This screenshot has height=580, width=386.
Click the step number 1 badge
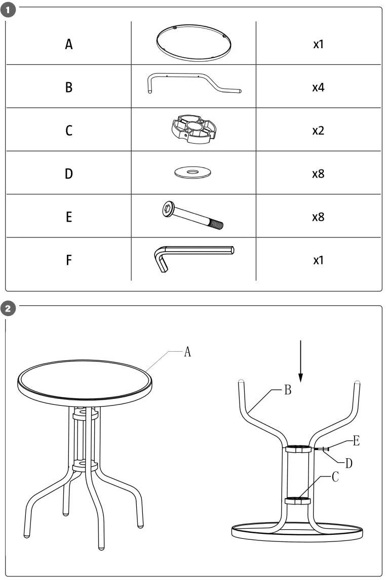click(x=10, y=10)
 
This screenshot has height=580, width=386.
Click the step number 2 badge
click(x=10, y=308)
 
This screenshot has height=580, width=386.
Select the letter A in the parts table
click(x=69, y=44)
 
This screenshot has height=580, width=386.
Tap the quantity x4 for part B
click(x=318, y=87)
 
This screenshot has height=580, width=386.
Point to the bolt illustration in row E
click(x=192, y=216)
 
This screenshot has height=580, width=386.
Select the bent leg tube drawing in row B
click(x=194, y=83)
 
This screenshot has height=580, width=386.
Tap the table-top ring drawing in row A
click(x=194, y=43)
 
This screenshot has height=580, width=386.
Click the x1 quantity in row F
click(x=318, y=260)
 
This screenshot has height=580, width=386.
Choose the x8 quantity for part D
click(x=318, y=174)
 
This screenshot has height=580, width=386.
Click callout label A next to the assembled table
click(x=187, y=352)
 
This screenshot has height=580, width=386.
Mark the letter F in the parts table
click(x=69, y=260)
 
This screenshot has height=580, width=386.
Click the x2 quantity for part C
click(x=318, y=131)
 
